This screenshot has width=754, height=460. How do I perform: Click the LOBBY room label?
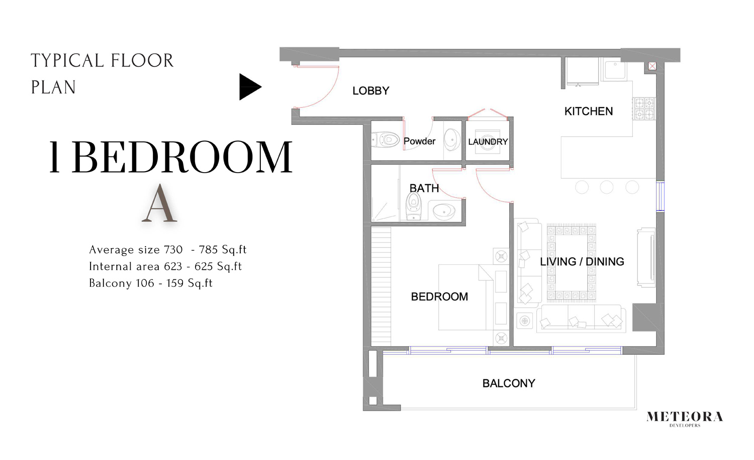[370, 91]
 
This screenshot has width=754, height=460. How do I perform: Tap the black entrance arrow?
[249, 87]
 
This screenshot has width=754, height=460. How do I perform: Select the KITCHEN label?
[588, 111]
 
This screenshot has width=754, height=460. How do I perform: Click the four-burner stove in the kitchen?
[644, 109]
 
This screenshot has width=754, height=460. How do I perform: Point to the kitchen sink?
[614, 70]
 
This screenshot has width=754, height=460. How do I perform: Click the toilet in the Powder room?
[385, 139]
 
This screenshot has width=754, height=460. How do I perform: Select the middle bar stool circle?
[607, 187]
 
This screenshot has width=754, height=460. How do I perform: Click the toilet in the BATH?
[413, 206]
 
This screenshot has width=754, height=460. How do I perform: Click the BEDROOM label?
[439, 297]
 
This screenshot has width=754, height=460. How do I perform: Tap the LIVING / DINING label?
[582, 262]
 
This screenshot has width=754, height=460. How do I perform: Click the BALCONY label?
[508, 384]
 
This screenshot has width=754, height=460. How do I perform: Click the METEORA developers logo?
[684, 418]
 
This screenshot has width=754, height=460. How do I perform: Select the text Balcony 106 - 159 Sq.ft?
[151, 283]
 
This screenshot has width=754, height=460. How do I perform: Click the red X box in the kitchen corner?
[652, 66]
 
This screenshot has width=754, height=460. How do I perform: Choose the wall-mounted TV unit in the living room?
[646, 257]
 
